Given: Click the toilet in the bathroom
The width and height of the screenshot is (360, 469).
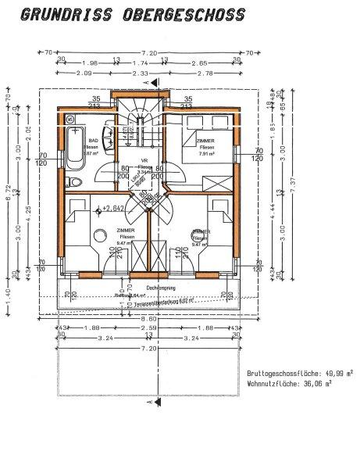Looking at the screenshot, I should pos(72,181).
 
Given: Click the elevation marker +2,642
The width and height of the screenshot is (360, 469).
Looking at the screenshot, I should pos(112,209).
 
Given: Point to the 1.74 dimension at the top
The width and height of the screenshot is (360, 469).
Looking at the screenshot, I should pos(141,63).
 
